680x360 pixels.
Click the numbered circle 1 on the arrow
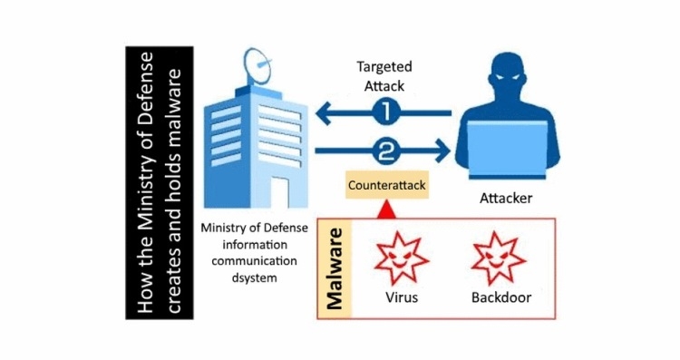(385, 113)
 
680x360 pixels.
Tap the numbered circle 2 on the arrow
(385, 151)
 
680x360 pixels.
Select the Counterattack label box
(387, 185)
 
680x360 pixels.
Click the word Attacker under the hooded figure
(506, 199)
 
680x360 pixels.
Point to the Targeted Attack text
(384, 76)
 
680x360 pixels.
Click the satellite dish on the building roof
(257, 65)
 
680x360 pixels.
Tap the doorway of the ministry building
(280, 192)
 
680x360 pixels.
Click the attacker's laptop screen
(507, 148)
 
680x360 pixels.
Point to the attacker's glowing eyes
(506, 78)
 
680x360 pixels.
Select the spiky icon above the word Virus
(402, 258)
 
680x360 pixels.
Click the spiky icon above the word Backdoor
(499, 258)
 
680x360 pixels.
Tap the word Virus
(402, 297)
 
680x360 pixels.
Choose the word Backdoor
(501, 297)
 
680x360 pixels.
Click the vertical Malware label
(335, 269)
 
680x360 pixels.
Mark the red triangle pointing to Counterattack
(387, 209)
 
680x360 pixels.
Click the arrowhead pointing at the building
(325, 113)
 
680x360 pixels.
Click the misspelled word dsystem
(254, 277)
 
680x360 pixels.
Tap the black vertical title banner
(160, 182)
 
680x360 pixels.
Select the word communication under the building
(254, 261)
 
